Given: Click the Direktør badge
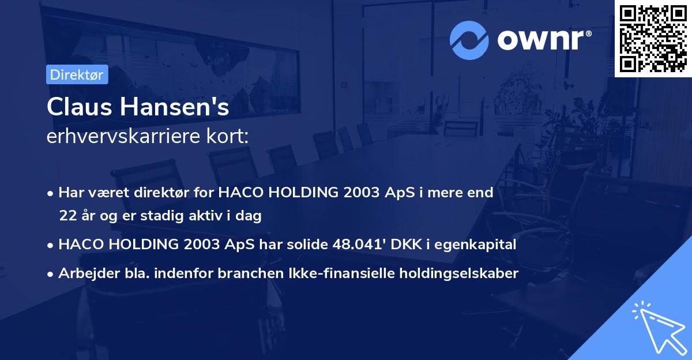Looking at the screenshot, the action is [x=77, y=74].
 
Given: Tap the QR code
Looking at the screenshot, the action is [x=653, y=38].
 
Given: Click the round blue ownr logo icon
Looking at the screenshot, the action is [x=469, y=40].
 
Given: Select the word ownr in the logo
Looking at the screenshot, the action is [x=540, y=40].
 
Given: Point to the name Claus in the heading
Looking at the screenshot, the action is [x=80, y=107].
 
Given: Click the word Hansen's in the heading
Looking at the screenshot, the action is [x=175, y=107].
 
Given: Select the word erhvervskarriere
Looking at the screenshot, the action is [x=123, y=136].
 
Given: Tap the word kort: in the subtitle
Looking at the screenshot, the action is [x=227, y=136].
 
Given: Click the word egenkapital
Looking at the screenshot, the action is [x=475, y=245].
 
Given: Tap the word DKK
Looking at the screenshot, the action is [x=406, y=245].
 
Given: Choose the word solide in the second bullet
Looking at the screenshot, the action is [x=307, y=244].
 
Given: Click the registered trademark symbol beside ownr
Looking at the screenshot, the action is [x=589, y=33].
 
